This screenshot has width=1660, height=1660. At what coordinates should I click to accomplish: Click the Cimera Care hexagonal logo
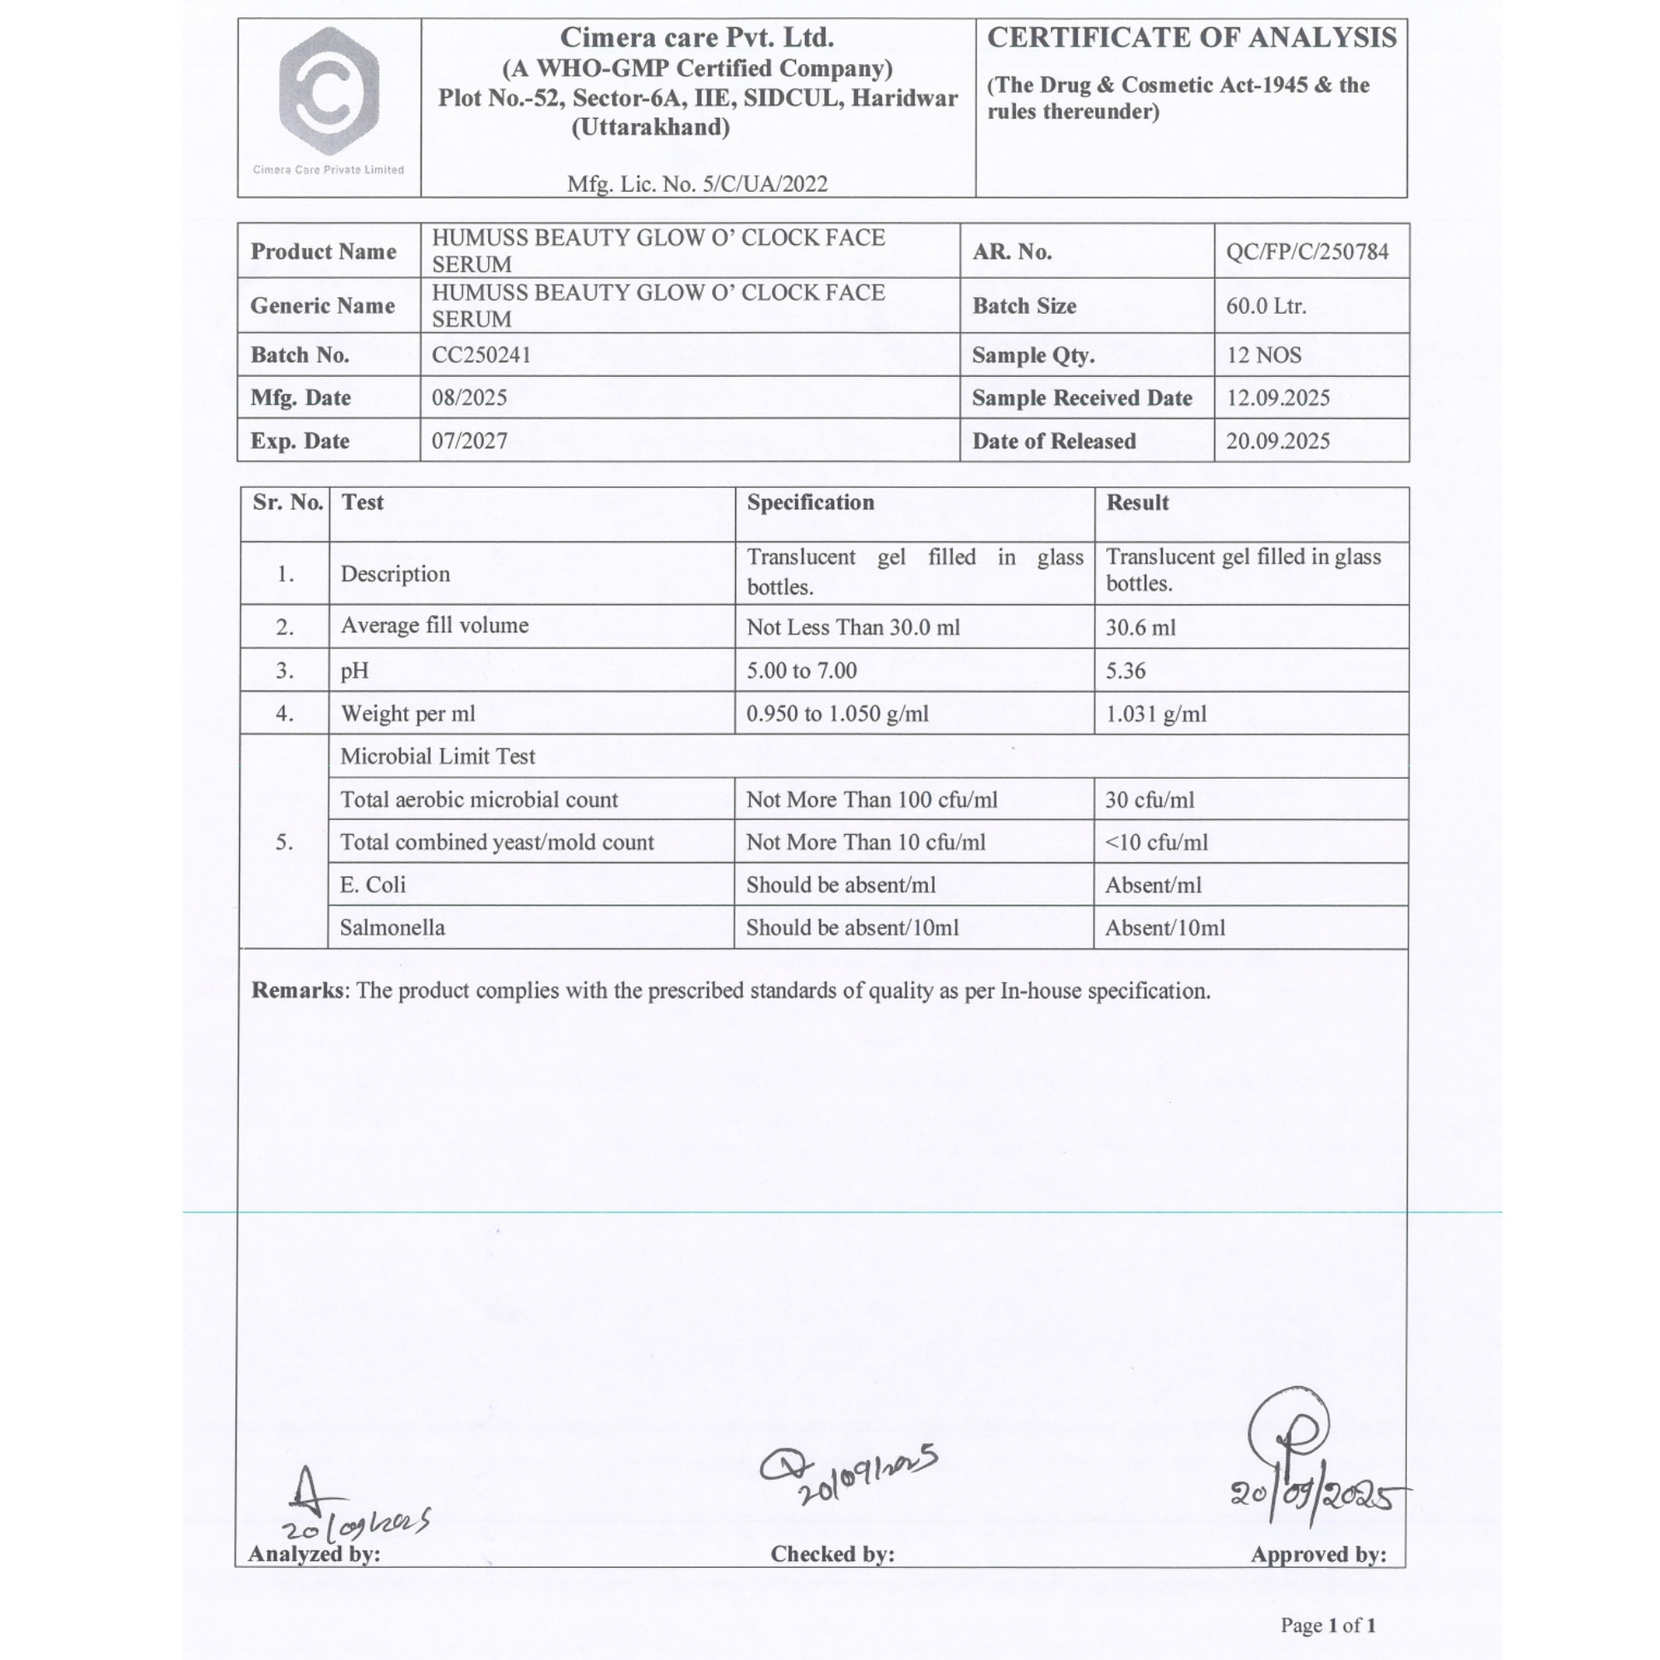[329, 92]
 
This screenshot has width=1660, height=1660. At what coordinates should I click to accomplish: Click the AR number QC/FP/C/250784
[1306, 252]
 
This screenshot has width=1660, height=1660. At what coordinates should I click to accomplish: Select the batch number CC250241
[481, 355]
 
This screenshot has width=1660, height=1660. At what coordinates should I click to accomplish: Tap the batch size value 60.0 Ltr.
[1266, 306]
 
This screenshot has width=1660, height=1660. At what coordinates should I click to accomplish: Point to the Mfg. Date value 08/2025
[469, 398]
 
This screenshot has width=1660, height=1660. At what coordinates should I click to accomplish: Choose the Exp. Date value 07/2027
[469, 441]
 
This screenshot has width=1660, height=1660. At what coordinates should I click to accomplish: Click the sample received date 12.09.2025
[1278, 398]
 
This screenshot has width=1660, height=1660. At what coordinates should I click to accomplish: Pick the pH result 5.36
[1125, 670]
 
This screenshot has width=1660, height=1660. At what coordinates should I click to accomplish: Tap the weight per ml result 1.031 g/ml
[1156, 713]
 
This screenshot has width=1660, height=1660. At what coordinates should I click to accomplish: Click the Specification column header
[810, 502]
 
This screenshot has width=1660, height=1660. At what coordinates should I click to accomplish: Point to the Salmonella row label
[392, 928]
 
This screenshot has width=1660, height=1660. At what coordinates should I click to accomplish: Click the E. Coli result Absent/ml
[1153, 885]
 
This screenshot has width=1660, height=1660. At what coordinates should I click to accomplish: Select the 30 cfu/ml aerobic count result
[1150, 800]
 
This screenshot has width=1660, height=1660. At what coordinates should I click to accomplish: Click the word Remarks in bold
[297, 990]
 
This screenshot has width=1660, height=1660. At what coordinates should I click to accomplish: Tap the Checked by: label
[832, 1554]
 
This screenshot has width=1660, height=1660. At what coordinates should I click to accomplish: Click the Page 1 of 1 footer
[1328, 1625]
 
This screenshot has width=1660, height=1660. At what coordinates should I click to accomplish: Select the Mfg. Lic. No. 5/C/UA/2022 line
[697, 184]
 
